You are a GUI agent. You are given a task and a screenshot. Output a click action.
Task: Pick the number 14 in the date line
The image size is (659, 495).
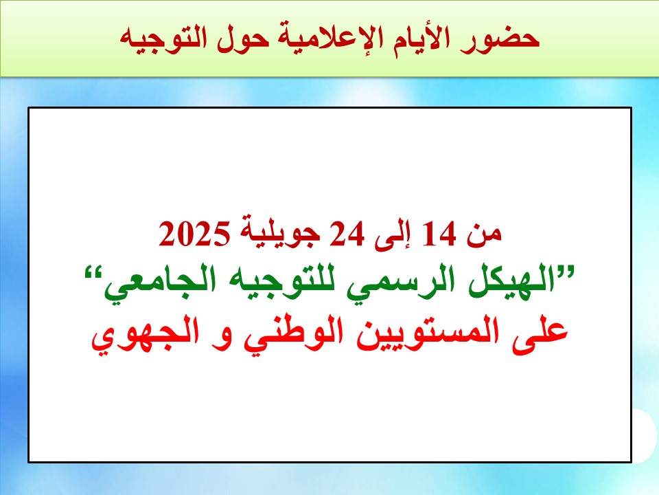[439, 234]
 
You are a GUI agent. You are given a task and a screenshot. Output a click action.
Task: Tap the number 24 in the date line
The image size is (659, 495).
[346, 234]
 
